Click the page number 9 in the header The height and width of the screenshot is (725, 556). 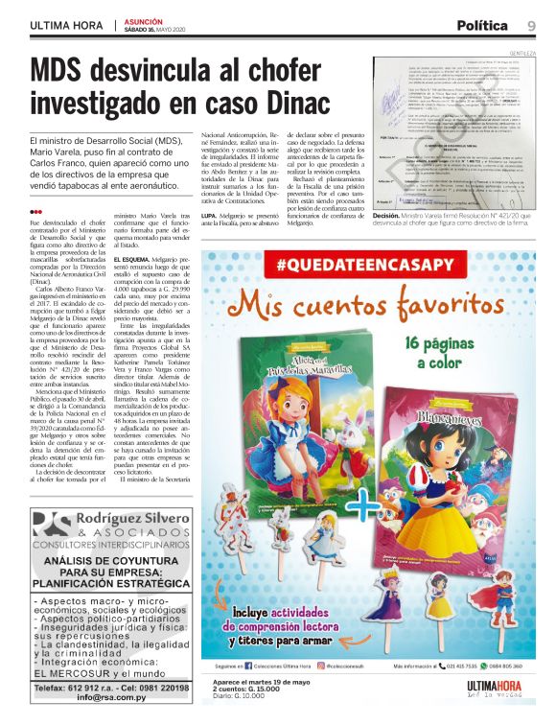pyautogui.click(x=531, y=25)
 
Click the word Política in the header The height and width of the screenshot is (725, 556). pyautogui.click(x=484, y=25)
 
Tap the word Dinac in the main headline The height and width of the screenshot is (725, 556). pyautogui.click(x=285, y=103)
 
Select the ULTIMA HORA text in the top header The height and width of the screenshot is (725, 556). pyautogui.click(x=67, y=26)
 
